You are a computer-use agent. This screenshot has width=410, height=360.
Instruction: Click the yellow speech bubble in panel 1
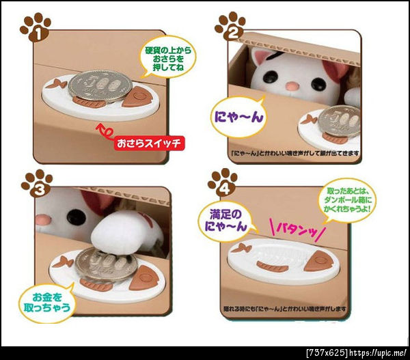pos(167,59)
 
